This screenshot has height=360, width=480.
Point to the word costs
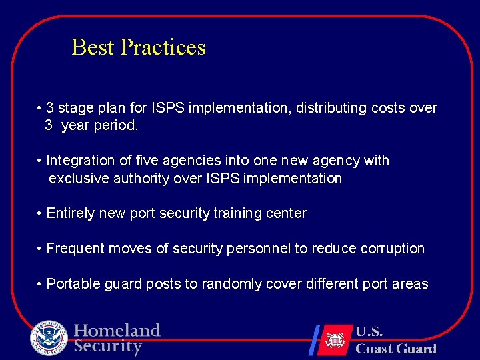389,108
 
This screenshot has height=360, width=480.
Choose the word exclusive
78,179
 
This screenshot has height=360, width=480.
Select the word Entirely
71,213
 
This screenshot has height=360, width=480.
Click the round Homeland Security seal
49,338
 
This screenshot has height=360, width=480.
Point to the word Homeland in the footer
117,331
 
